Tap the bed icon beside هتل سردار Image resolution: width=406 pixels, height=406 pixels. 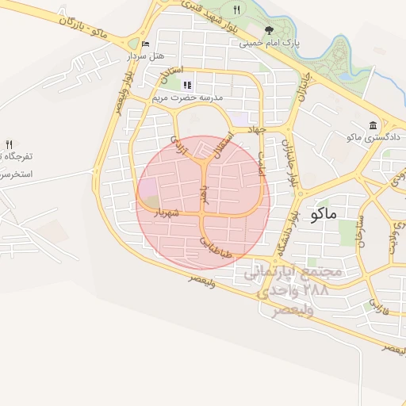click(144, 44)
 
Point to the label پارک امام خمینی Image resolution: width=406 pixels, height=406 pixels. click(266, 43)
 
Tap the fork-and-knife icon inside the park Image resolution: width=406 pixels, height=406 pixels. click(236, 10)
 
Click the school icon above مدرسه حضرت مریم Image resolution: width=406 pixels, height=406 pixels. click(187, 84)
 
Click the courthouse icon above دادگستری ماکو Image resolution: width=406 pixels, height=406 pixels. click(373, 124)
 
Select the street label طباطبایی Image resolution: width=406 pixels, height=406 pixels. click(214, 246)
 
